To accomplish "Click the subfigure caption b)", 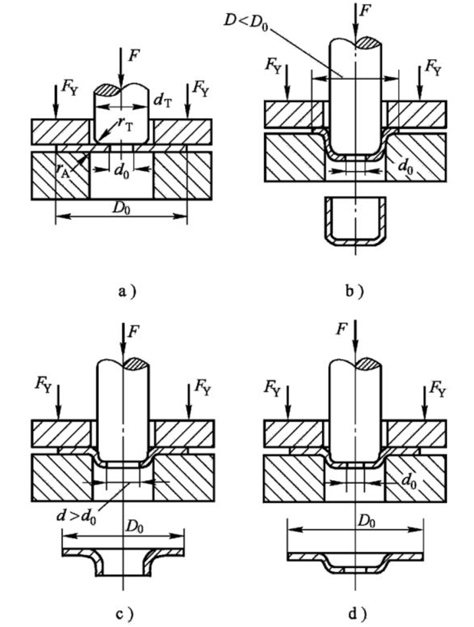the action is pos(355,292).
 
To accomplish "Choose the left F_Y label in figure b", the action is pos(273,66).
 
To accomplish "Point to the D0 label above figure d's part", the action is pos(366,522).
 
